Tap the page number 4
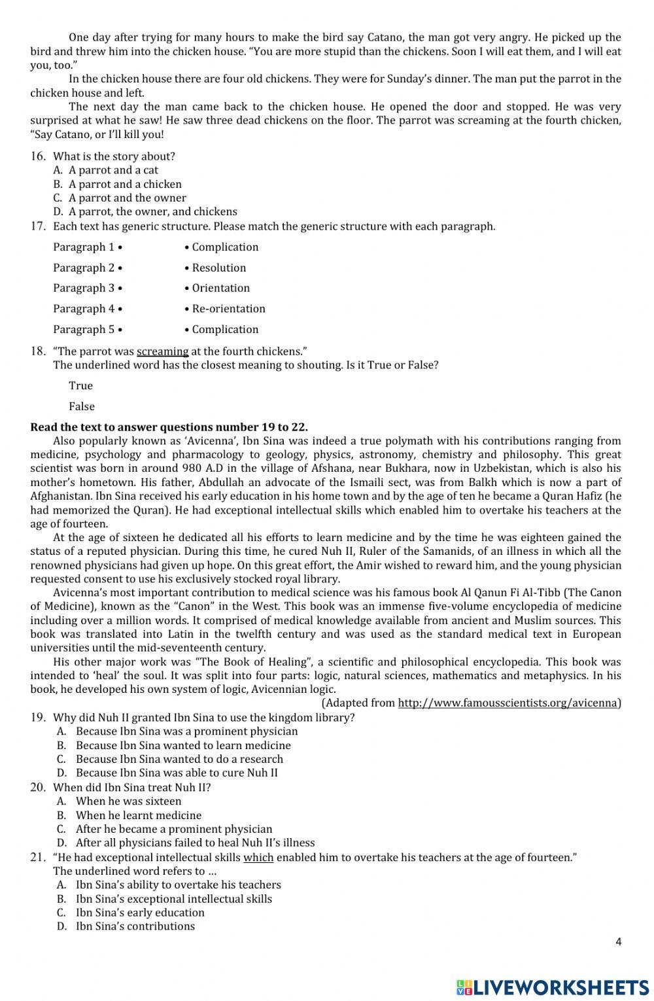coord(618,942)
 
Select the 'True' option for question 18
coord(80,385)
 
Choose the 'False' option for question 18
coord(82,406)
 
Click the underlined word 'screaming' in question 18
coord(162,351)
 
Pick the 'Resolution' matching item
coord(218,268)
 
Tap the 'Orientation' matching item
coord(220,288)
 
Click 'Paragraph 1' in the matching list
coord(84,247)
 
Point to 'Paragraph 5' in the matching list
coord(84,330)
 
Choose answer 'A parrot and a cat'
coord(113,170)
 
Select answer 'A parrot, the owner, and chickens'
coord(152,211)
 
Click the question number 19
coord(37,717)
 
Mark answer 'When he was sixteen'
coord(128,801)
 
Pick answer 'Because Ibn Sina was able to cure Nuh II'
coord(177,773)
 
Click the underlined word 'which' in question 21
coord(258,858)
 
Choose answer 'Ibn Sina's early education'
coord(140,912)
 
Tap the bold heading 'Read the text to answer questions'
coord(169,427)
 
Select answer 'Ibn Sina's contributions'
coord(135,926)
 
